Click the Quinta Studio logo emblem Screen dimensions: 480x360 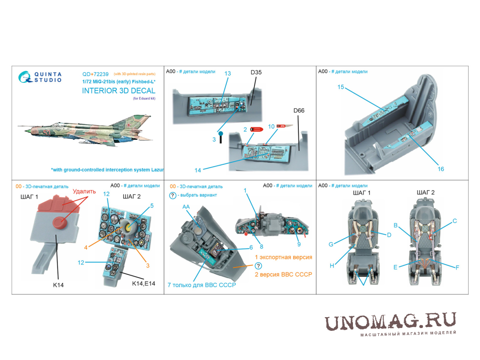pyautogui.click(x=25, y=77)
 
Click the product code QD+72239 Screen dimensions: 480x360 pyautogui.click(x=95, y=74)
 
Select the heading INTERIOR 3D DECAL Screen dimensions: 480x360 pyautogui.click(x=119, y=91)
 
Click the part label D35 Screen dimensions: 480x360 pyautogui.click(x=256, y=72)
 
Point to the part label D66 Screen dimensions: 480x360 pyautogui.click(x=299, y=111)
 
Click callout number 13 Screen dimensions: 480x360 pyautogui.click(x=227, y=73)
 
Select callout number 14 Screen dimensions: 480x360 pyautogui.click(x=198, y=170)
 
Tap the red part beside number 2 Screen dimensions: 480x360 pyautogui.click(x=256, y=129)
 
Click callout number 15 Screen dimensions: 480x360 pyautogui.click(x=341, y=87)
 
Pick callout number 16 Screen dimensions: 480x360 pyautogui.click(x=441, y=169)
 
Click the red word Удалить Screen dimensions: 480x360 pyautogui.click(x=84, y=192)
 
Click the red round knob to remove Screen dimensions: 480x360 pyautogui.click(x=60, y=223)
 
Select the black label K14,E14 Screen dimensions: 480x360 pyautogui.click(x=144, y=283)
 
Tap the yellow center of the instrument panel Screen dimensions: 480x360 pyautogui.click(x=129, y=227)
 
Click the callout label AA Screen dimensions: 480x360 pyautogui.click(x=186, y=207)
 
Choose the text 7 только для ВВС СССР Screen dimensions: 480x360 pyautogui.click(x=202, y=285)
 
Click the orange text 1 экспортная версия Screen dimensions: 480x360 pyautogui.click(x=283, y=257)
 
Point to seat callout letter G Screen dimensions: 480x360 pyautogui.click(x=331, y=244)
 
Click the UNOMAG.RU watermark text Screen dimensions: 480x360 pyautogui.click(x=390, y=322)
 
